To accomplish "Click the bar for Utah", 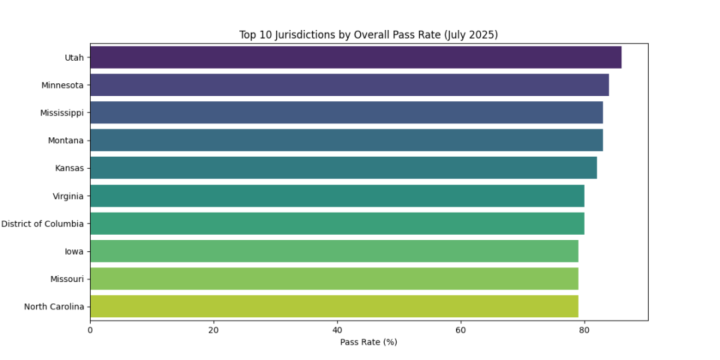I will coord(355,57).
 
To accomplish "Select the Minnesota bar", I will coord(349,85).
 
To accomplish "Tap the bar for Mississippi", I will coord(346,113).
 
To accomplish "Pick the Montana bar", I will coord(346,140).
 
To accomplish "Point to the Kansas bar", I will coord(343,168).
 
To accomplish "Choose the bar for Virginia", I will coord(337,196).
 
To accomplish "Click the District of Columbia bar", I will coord(337,223).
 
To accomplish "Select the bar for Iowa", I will coord(334,251).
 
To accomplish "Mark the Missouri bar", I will coord(334,279).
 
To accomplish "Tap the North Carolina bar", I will coord(334,307).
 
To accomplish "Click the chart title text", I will coord(369,35).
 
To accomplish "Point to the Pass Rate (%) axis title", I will coord(369,342).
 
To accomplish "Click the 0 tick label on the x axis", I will coord(90,329).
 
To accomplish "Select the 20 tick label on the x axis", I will coord(213,329).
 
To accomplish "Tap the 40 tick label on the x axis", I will coord(337,329).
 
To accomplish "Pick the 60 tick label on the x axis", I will coord(461,329).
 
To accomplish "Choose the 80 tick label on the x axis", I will coord(584,329).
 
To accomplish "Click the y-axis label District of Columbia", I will coord(43,224).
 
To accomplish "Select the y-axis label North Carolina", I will coord(54,307).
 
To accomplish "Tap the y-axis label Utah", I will coord(74,57).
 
